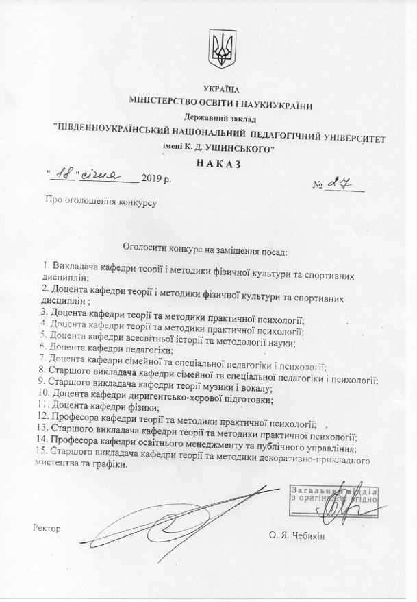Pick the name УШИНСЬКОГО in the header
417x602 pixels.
tap(233, 149)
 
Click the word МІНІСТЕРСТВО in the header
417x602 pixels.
tap(162, 104)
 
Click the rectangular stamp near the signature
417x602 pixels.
tap(335, 497)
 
